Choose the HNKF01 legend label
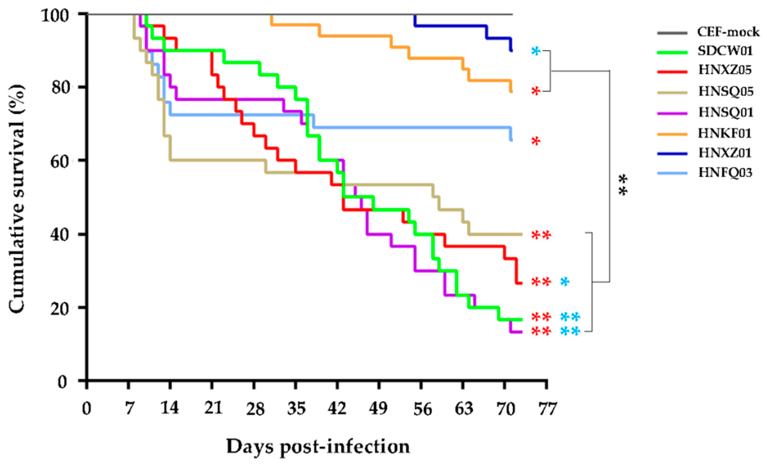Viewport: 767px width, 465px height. coord(725,133)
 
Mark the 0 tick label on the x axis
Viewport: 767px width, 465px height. coord(86,408)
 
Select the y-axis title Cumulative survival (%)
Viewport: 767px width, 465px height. coord(17,199)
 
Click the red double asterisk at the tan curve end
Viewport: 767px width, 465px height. coord(541,236)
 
